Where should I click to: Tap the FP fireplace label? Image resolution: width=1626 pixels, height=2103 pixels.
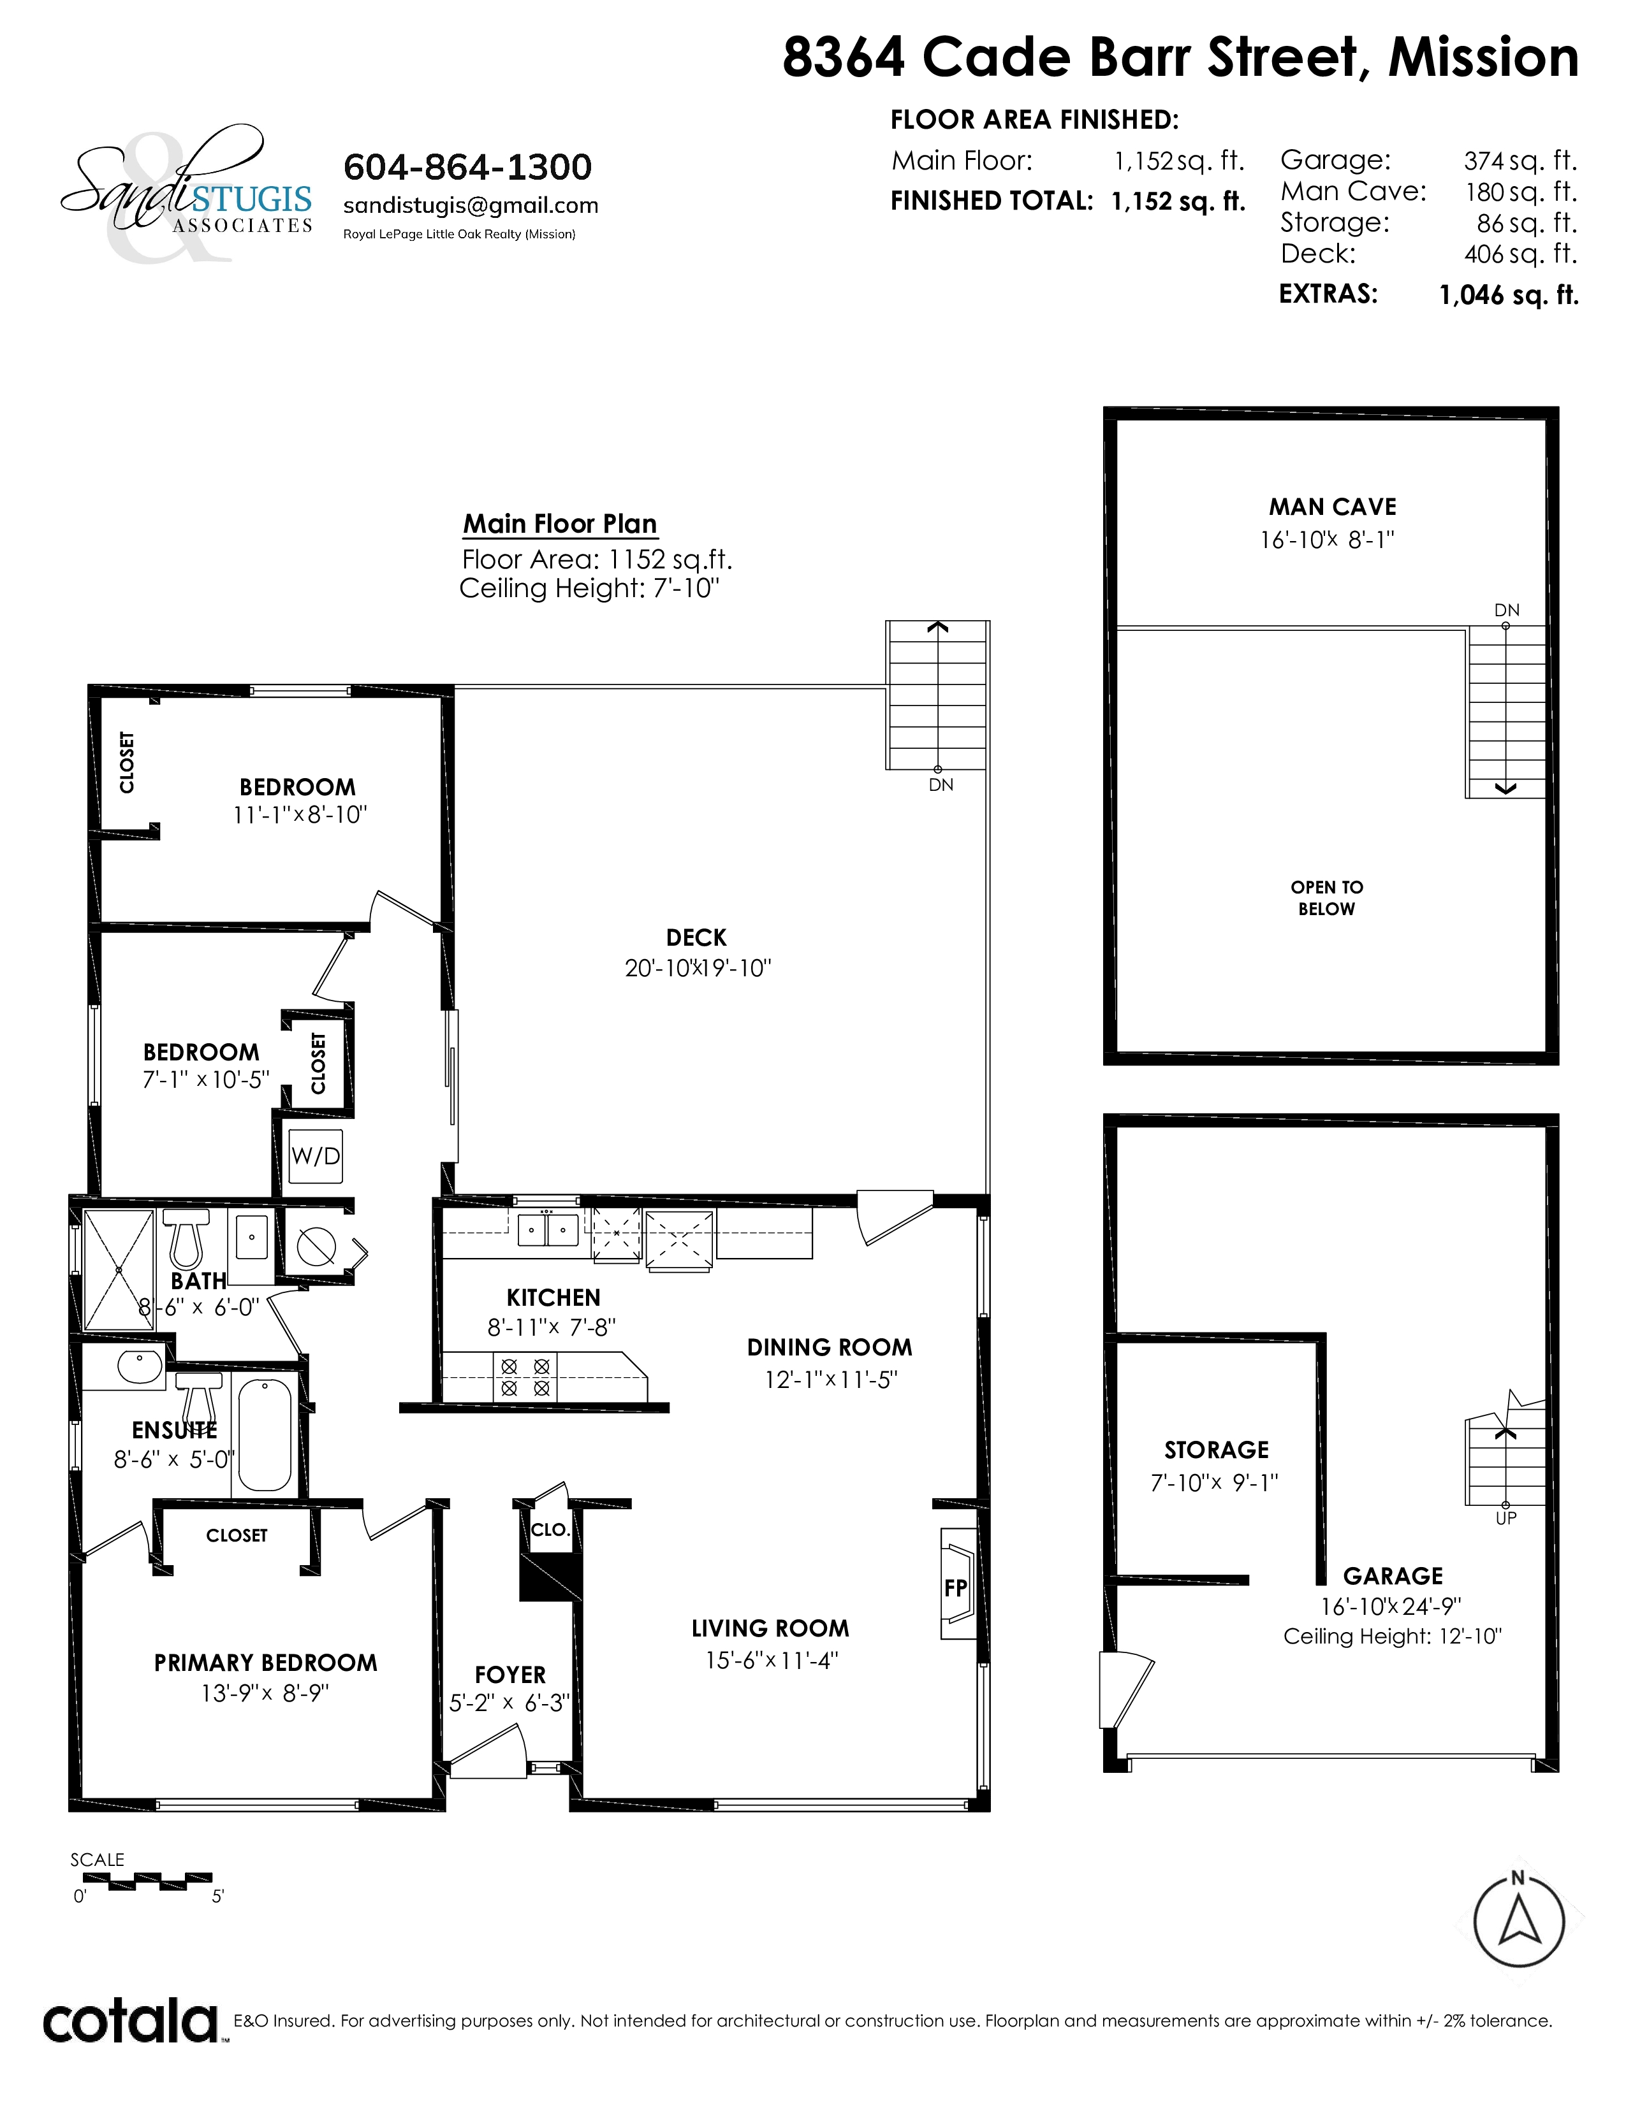955,1588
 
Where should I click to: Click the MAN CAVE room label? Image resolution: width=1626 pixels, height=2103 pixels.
1332,507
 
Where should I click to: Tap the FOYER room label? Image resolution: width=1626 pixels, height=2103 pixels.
511,1675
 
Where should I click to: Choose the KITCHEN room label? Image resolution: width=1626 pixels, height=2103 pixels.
553,1297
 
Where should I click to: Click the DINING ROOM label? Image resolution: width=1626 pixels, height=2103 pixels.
830,1347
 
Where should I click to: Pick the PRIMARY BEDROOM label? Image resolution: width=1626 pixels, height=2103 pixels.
266,1662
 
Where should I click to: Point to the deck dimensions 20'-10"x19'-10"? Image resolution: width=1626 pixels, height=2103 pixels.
698,968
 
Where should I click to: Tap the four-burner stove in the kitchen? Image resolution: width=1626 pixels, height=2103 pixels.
526,1377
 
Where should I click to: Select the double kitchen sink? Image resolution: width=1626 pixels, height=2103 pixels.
548,1230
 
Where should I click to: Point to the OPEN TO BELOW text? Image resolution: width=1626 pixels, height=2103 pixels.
1326,897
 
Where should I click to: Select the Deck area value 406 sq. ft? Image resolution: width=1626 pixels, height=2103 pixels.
1520,254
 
